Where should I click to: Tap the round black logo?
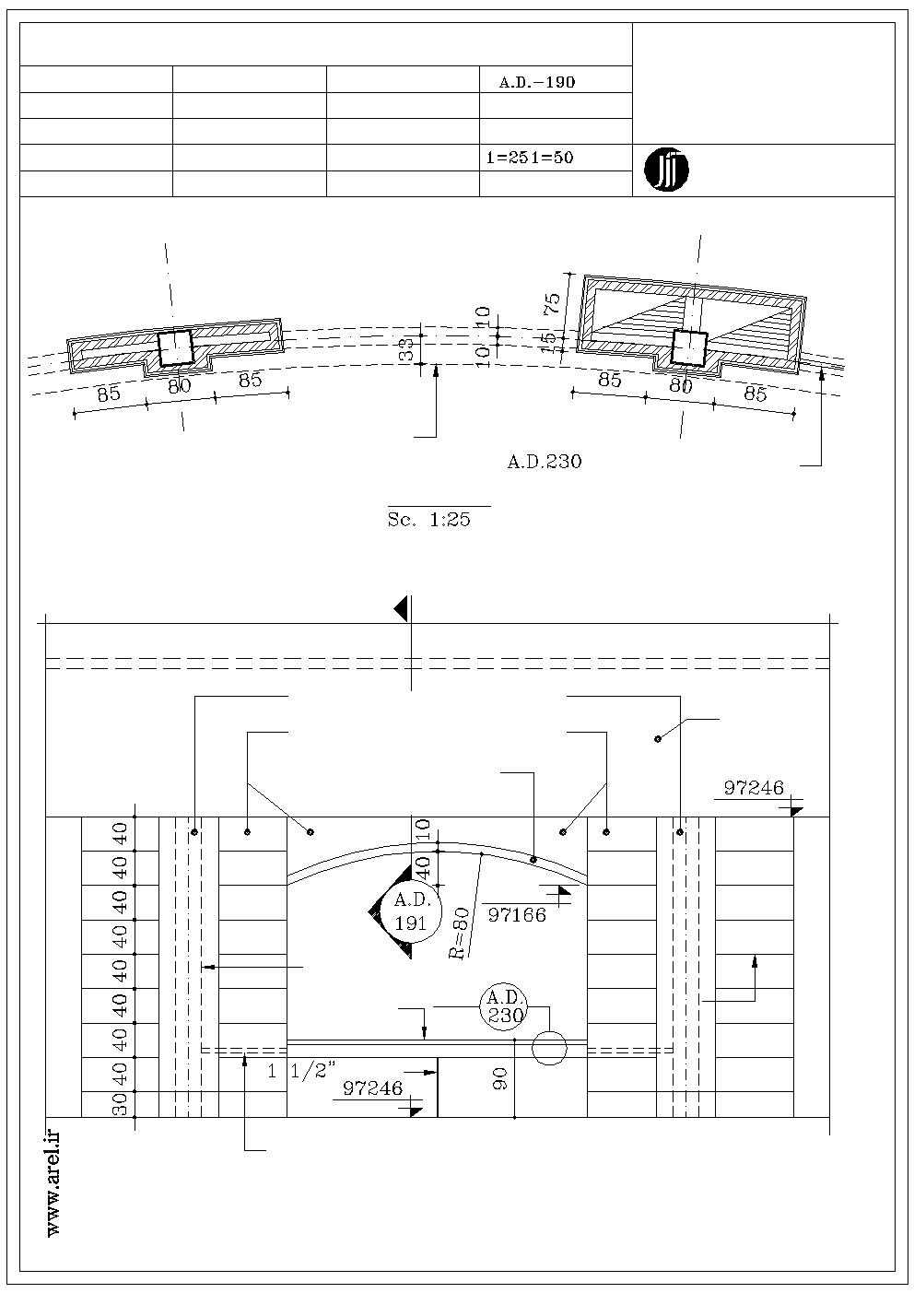tap(666, 170)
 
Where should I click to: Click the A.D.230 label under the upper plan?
tap(545, 461)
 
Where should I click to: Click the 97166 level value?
tap(517, 914)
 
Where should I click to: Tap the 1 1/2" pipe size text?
tap(301, 1071)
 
